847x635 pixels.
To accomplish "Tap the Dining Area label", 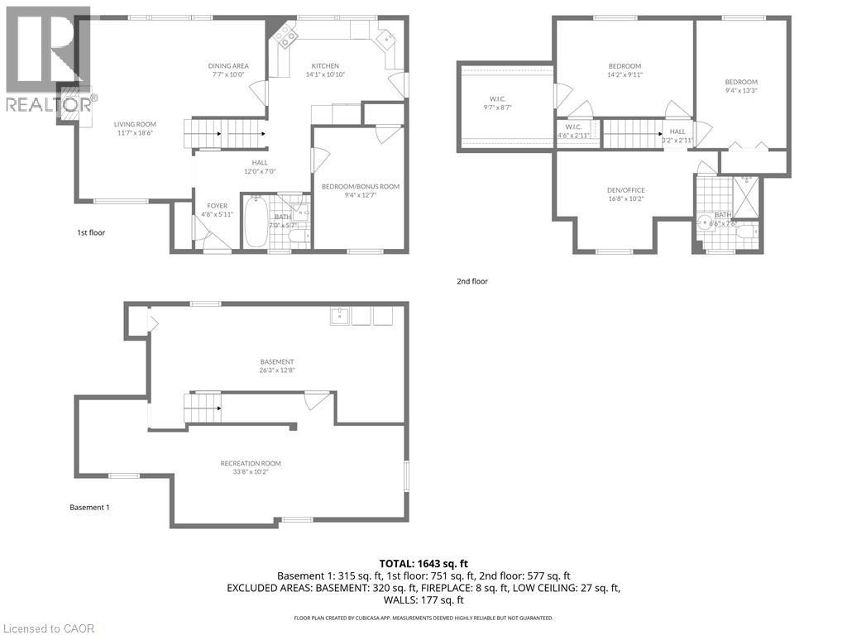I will coord(227,66).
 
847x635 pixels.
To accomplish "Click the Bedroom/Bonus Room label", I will coord(360,187).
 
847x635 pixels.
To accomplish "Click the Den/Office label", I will coord(625,190).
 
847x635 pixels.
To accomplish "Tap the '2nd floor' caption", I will coord(472,281).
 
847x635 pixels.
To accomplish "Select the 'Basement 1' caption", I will coord(89,507).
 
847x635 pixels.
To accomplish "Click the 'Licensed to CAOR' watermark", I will coord(48,628).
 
